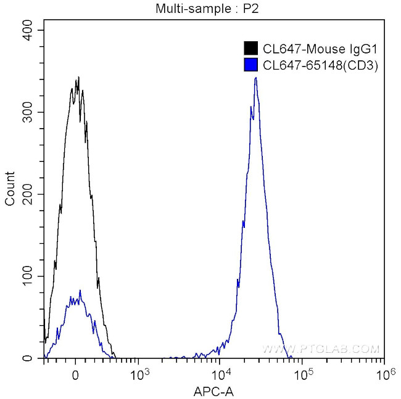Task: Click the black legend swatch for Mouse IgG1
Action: (251, 48)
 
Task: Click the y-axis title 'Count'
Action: (9, 194)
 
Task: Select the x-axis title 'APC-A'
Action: (214, 390)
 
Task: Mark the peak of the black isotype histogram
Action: (78, 78)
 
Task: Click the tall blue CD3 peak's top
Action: (255, 78)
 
